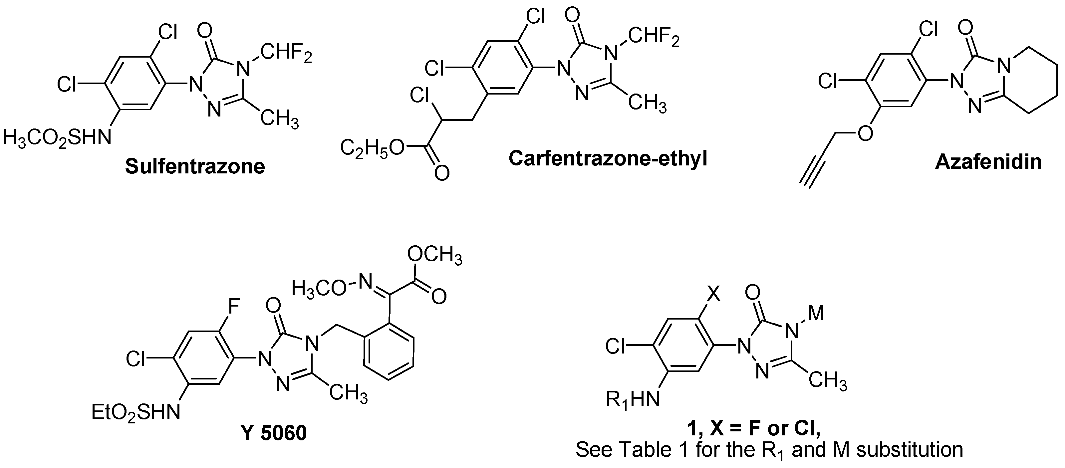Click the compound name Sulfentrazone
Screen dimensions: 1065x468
(x=195, y=166)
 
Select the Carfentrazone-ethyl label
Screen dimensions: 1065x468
(x=608, y=159)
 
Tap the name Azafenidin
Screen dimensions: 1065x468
(x=988, y=162)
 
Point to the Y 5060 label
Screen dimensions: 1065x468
(x=273, y=432)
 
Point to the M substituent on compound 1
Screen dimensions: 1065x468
(x=816, y=313)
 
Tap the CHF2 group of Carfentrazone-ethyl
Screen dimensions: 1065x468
(x=654, y=38)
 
